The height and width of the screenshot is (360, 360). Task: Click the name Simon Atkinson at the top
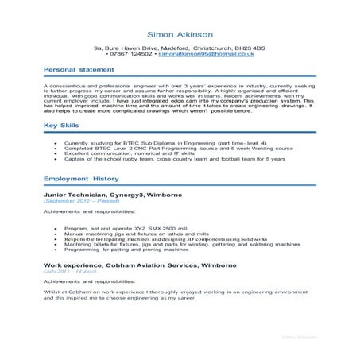point(180,35)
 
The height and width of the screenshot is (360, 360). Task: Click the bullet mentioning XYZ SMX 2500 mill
point(130,228)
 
